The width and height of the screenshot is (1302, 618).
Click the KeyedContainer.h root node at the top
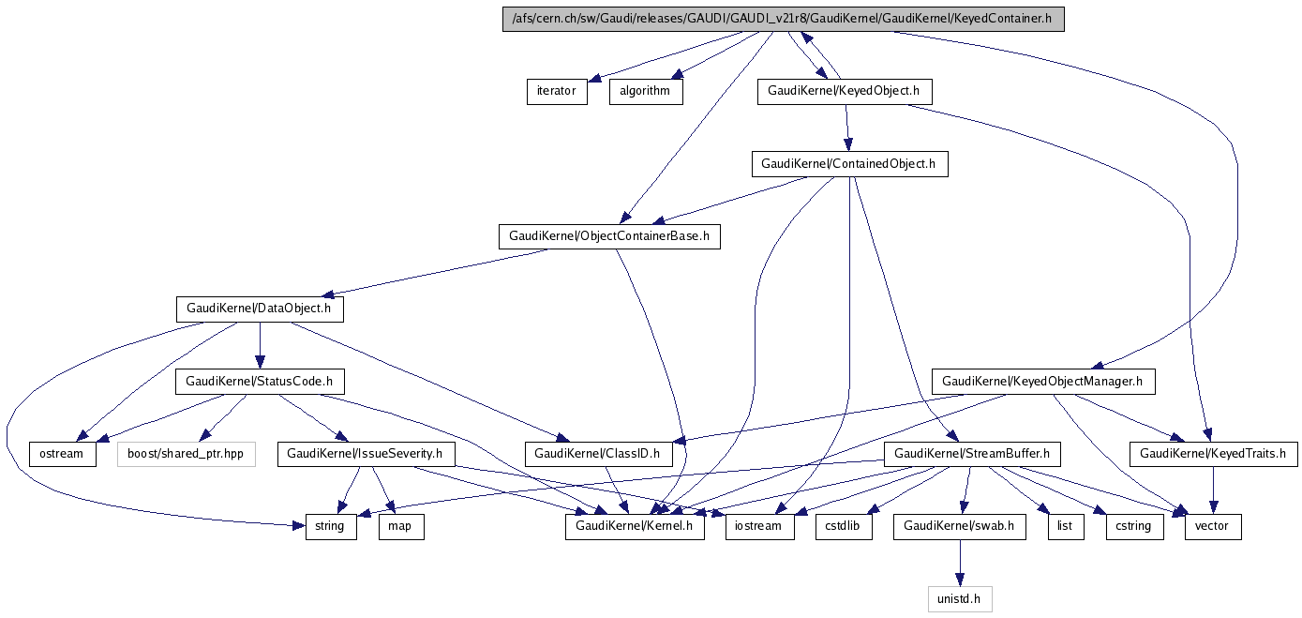[784, 20]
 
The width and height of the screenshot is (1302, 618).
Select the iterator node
[557, 92]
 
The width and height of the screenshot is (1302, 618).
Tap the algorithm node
[645, 92]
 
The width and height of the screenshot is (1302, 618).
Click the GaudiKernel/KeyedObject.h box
[845, 92]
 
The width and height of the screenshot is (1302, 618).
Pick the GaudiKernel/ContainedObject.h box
[849, 164]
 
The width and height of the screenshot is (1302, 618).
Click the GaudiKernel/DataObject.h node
[260, 309]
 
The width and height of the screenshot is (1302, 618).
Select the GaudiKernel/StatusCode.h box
[260, 382]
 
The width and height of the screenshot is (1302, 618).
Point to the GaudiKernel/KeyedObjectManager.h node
[1042, 382]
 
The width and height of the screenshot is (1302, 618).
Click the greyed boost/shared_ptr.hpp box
[187, 454]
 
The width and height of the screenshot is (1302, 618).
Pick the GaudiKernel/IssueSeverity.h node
[367, 454]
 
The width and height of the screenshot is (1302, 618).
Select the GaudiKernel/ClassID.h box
[598, 454]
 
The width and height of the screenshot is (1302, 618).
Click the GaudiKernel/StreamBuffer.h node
[972, 454]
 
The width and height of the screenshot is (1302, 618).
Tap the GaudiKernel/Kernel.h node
[635, 527]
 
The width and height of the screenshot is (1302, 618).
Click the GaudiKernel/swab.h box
[959, 527]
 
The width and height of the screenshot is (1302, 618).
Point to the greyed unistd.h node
[959, 599]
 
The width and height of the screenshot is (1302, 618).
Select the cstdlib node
[844, 527]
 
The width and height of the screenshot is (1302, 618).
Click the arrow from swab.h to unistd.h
[959, 563]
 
